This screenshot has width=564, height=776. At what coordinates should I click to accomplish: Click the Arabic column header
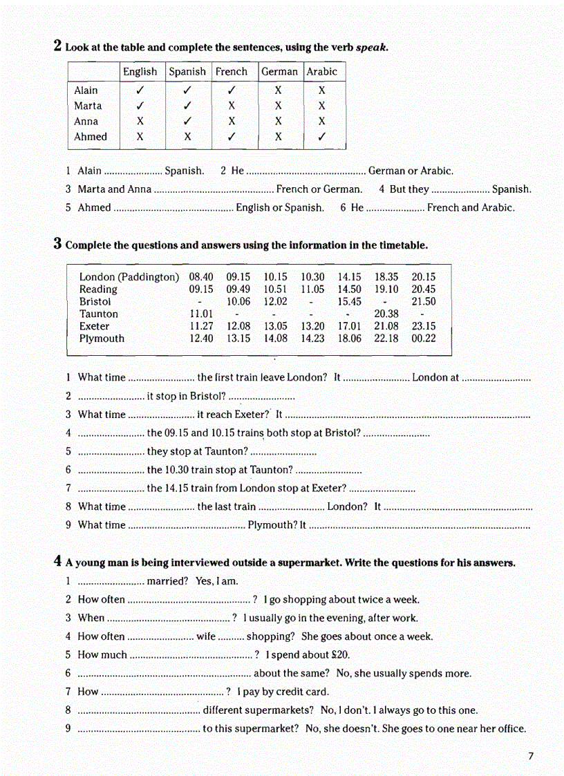click(322, 71)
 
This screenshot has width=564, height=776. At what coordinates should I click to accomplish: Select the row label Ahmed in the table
click(91, 137)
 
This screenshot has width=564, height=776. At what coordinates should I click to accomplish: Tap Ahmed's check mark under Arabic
click(321, 137)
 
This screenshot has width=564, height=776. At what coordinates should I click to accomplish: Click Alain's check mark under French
click(232, 90)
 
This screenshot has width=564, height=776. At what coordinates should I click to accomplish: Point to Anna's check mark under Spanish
click(187, 122)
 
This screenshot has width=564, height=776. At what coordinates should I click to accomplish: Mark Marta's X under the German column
click(278, 106)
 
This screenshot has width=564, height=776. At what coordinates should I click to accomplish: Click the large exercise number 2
click(58, 46)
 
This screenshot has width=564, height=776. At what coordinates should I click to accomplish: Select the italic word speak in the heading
click(372, 48)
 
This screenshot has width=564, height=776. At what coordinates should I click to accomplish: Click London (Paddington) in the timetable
click(129, 277)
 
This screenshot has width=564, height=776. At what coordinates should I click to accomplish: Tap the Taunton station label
click(99, 314)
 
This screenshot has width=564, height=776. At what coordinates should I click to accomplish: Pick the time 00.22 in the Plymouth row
click(424, 339)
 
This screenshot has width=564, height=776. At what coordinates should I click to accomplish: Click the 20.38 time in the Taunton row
click(386, 314)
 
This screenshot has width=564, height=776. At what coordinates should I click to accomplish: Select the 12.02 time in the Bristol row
click(275, 302)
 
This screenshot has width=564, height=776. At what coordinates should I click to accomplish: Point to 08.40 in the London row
click(201, 277)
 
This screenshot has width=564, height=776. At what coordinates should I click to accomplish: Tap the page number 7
click(531, 756)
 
